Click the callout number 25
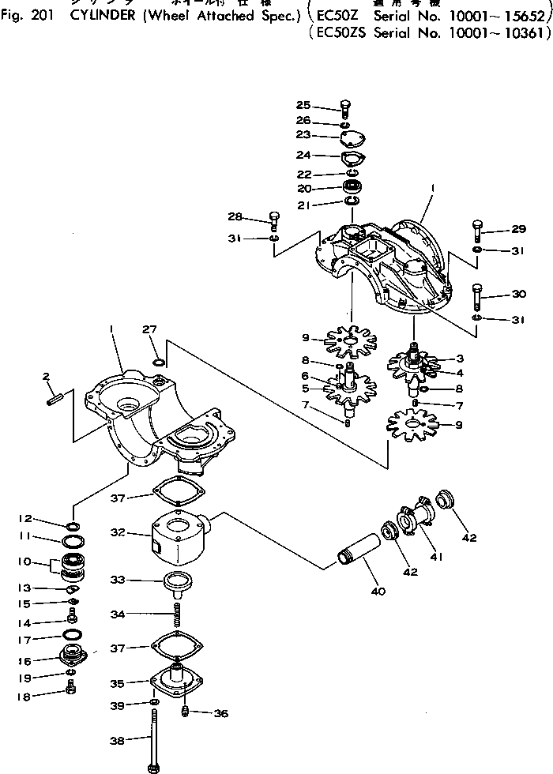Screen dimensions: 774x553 pyautogui.click(x=304, y=106)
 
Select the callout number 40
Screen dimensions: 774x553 pyautogui.click(x=378, y=591)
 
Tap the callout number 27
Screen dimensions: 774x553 pyautogui.click(x=149, y=329)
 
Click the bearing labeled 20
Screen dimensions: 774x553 pyautogui.click(x=352, y=189)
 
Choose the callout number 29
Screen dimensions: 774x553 pyautogui.click(x=518, y=229)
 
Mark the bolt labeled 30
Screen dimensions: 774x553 pyautogui.click(x=478, y=297)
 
